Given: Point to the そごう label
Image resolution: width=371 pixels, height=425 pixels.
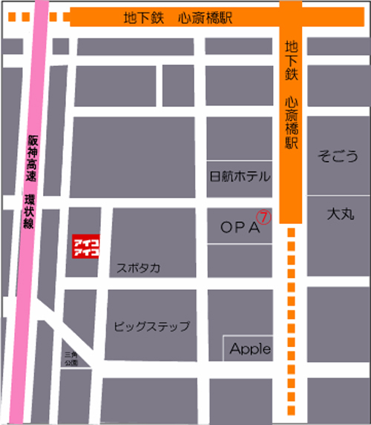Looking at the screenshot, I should pos(338,156).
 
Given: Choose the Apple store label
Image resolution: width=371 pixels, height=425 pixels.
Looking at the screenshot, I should pos(250,348).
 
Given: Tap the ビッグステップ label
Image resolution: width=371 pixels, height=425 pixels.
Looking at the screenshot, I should pos(152,326).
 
